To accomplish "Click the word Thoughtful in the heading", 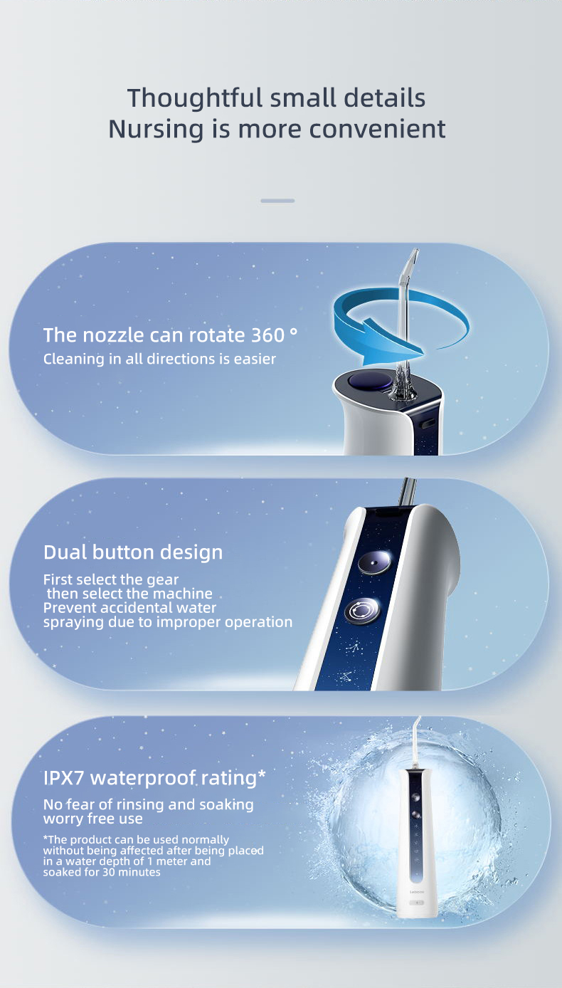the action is (195, 98).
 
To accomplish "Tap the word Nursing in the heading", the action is (156, 130).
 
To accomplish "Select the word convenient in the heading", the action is (377, 130).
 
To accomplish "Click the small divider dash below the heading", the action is (277, 201).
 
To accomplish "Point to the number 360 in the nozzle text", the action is (267, 335).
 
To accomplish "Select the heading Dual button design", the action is (133, 552).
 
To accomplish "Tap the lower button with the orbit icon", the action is (362, 611).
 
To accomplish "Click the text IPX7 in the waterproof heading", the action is (63, 778).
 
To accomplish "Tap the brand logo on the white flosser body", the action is (417, 892).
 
